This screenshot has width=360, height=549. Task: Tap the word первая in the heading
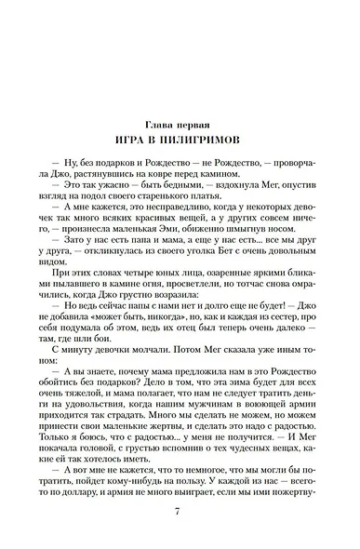(198, 124)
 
